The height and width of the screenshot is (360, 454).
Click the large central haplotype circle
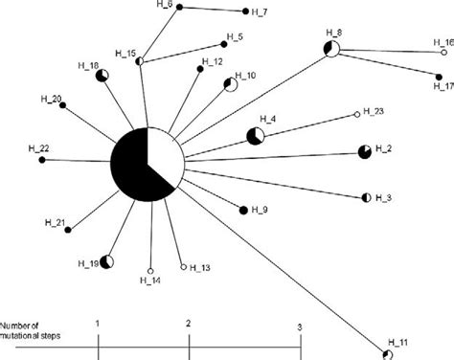coord(147,161)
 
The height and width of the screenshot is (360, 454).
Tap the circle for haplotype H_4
coord(257,136)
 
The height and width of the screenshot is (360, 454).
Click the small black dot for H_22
coord(41,159)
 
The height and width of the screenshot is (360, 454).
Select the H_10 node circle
coord(230,85)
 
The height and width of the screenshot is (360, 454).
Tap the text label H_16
coord(443,42)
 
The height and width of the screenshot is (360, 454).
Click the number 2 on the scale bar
coord(189,326)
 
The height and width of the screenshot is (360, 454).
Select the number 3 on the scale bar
coord(300,326)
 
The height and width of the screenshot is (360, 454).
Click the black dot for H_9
coord(242,207)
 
